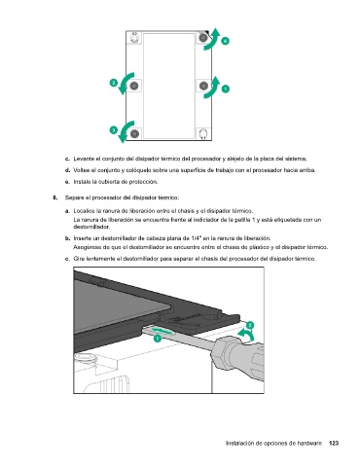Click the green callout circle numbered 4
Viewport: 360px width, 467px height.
coord(225,41)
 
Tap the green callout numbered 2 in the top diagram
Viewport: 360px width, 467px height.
coord(113,83)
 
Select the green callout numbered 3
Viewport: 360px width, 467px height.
coord(113,130)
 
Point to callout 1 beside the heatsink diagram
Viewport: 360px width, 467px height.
coord(225,89)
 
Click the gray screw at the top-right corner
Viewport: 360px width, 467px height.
coord(203,38)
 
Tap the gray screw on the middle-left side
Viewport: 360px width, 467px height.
coord(134,86)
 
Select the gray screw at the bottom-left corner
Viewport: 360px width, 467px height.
coord(134,133)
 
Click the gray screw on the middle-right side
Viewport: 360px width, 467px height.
coord(203,86)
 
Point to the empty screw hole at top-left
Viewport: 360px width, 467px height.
coord(134,38)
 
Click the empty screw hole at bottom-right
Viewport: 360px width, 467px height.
coord(203,133)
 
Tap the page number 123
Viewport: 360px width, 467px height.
coord(334,443)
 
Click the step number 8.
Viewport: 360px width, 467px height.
coord(54,198)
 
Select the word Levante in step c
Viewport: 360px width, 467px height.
coord(82,159)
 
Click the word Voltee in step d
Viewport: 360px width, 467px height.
coord(80,170)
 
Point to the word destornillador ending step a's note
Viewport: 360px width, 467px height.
coord(91,227)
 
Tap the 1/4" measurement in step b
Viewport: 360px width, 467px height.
coord(197,238)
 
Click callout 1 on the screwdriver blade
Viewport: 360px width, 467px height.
coord(158,339)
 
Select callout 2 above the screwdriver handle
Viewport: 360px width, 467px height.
coord(250,325)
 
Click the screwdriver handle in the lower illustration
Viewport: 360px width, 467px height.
coord(238,357)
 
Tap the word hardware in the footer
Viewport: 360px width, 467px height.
coord(311,444)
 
